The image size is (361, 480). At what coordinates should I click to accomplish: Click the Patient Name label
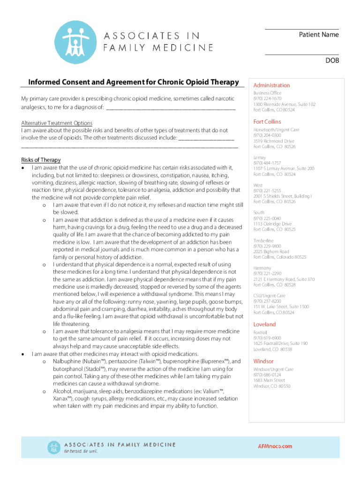coord(319,35)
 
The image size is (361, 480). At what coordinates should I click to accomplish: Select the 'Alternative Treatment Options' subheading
coord(57,123)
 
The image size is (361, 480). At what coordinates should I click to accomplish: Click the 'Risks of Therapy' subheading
coord(41,160)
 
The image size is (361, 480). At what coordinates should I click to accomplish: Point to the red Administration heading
coord(271,85)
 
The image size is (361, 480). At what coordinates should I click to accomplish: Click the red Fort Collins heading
coord(267,122)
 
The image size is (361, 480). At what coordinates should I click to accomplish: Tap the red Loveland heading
coord(264,324)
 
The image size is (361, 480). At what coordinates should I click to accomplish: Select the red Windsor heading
coord(263,361)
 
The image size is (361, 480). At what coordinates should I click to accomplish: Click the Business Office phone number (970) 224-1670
coord(267,99)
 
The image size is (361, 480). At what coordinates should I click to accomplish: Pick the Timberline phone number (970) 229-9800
coord(267,246)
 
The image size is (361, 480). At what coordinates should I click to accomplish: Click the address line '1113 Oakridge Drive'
coord(272,224)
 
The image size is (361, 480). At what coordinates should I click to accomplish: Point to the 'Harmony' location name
coord(262,268)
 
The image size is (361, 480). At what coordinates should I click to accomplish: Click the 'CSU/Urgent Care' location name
coord(270,296)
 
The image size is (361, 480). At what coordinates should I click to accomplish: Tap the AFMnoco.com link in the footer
coord(275,446)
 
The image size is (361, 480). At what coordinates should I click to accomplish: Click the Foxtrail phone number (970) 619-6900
coord(267,338)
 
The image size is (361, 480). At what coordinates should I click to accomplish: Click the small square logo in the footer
coord(53,447)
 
